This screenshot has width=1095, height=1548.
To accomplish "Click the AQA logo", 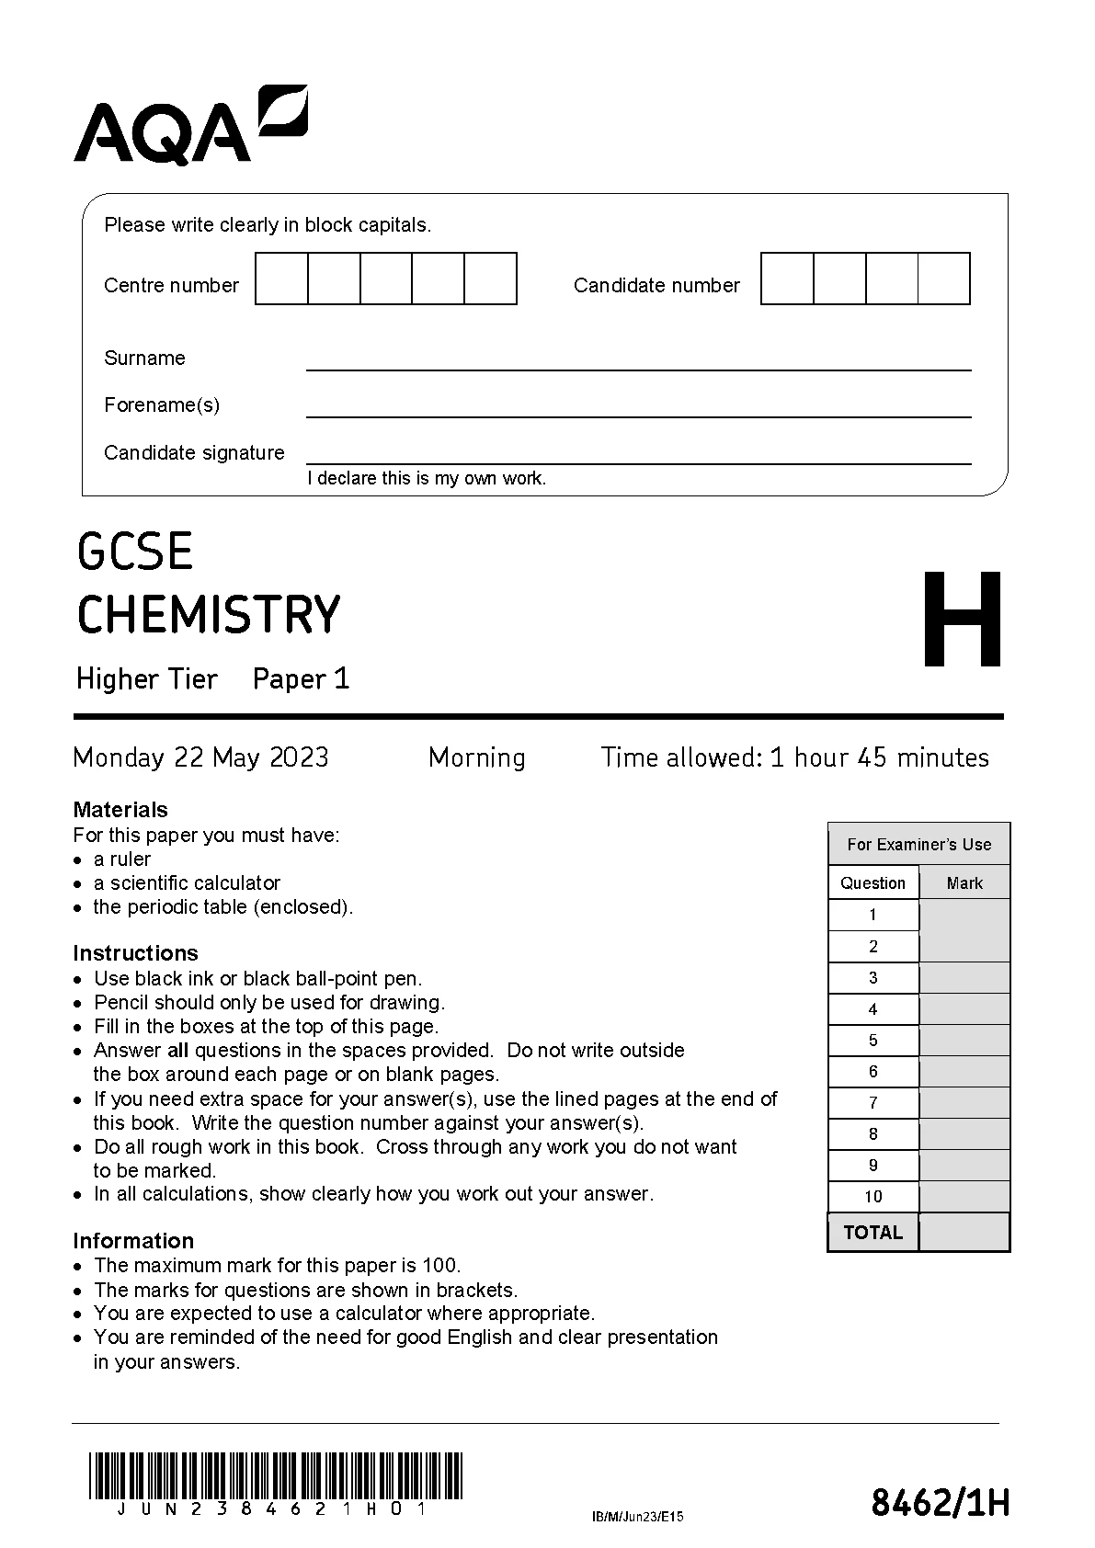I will [x=190, y=126].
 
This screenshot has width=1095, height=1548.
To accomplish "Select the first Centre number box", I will [x=281, y=279].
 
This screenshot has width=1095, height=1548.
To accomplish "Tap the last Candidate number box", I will [x=944, y=279].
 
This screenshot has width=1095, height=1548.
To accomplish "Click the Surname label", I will [x=144, y=358].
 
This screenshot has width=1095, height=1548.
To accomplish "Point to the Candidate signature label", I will [x=194, y=452].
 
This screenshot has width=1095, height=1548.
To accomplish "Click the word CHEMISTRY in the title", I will [x=209, y=614].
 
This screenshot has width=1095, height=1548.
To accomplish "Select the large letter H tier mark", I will [x=962, y=620].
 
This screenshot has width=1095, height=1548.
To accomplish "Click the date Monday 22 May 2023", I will [x=200, y=757].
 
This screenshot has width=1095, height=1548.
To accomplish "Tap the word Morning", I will [x=477, y=757].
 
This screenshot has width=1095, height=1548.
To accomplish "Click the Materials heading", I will [x=120, y=810].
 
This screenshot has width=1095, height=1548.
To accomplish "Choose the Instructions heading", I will [x=135, y=953].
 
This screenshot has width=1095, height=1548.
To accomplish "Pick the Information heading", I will [x=133, y=1241].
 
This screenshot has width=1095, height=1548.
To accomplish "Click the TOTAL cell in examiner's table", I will [x=873, y=1233].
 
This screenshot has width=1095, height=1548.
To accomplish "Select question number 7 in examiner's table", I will [x=873, y=1103].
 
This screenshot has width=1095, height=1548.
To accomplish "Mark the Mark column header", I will [x=964, y=883].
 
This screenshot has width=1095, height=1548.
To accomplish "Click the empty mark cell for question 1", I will [x=964, y=916].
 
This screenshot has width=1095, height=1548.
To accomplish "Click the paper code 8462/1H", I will [x=940, y=1504].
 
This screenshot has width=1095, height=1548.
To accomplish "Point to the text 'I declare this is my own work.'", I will [x=427, y=478].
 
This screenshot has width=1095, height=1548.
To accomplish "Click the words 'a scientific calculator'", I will [x=187, y=883].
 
